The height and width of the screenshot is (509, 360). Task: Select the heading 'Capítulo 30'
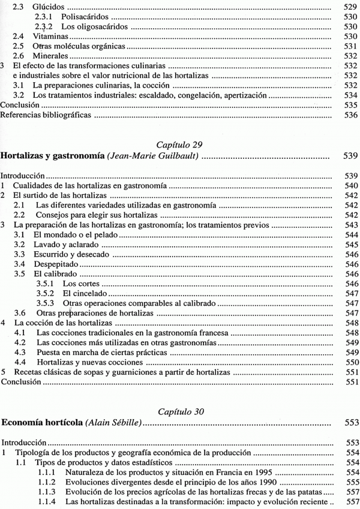(x=179, y=411)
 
